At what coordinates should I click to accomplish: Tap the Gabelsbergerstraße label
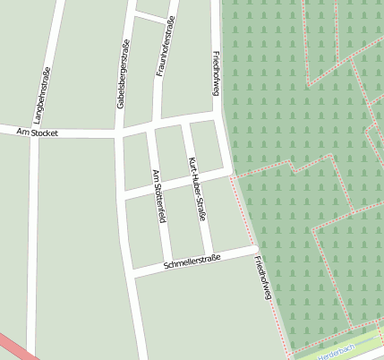(122, 74)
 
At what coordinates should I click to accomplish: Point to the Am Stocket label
(38, 133)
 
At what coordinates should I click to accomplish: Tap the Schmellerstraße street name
(192, 261)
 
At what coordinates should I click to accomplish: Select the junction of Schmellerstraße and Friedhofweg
(253, 247)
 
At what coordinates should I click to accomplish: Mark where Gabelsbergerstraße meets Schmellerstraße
(132, 271)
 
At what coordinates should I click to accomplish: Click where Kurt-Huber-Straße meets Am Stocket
(184, 120)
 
